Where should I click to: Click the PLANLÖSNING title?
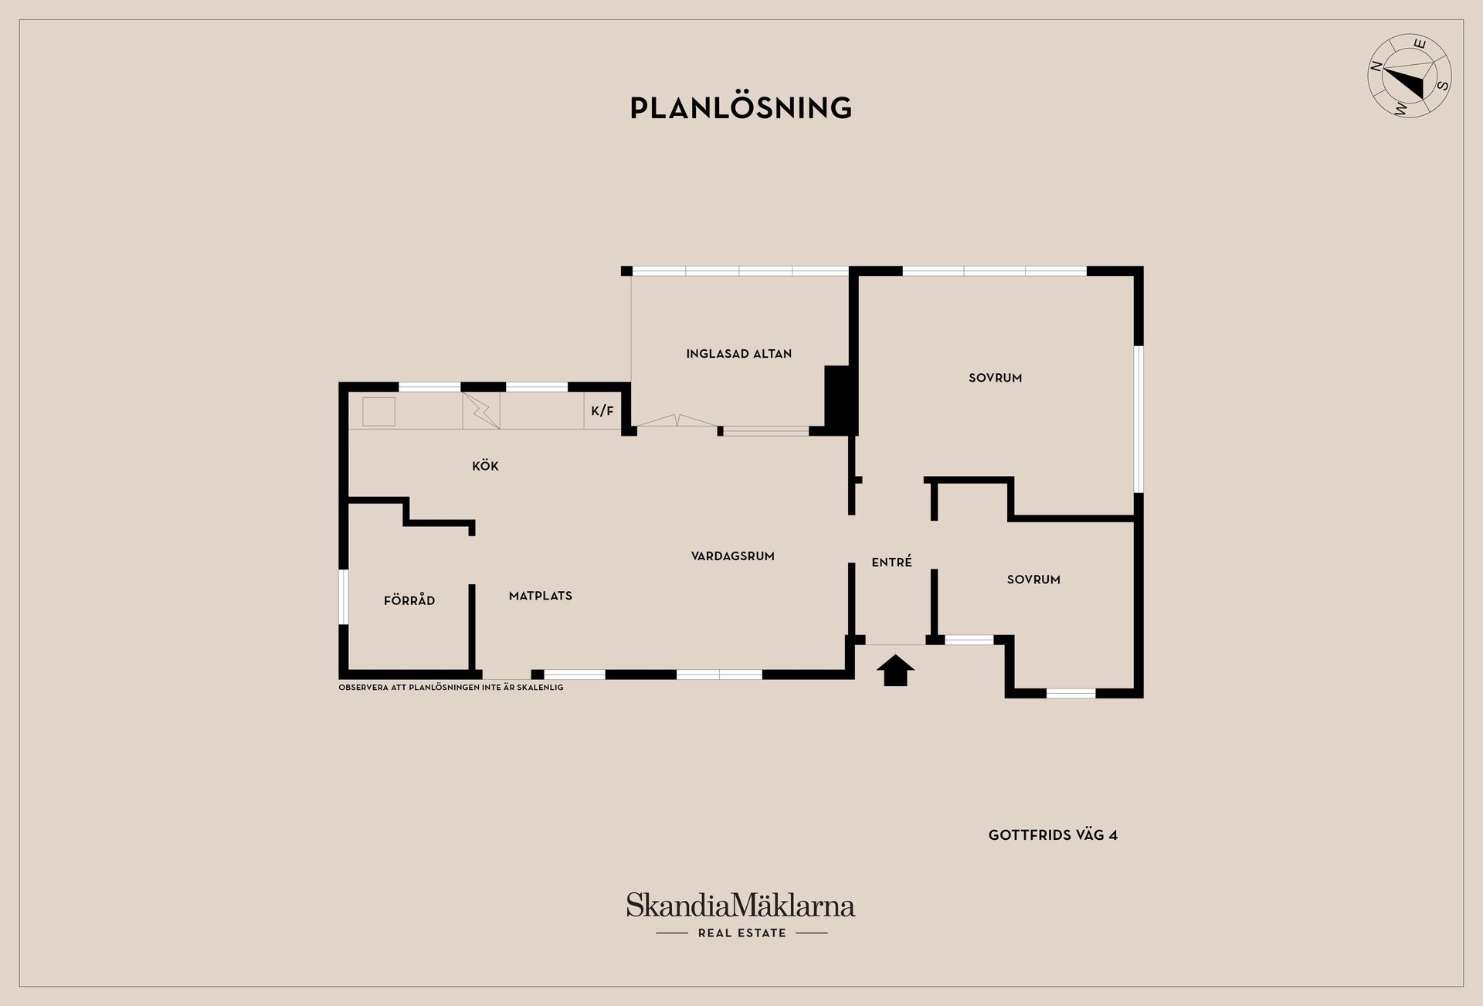click(741, 107)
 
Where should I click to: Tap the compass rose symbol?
click(1410, 87)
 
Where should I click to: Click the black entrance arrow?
click(895, 670)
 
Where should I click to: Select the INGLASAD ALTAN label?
click(739, 354)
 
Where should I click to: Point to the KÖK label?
click(485, 466)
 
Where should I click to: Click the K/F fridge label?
click(602, 411)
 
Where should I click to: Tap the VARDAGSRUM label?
click(732, 556)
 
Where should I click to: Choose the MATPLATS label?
click(541, 596)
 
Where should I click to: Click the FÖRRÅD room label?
click(409, 600)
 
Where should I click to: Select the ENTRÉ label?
click(892, 562)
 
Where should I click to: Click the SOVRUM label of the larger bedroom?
click(996, 378)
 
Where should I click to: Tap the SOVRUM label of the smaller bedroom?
click(1033, 579)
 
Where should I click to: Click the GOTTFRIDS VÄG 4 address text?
click(1053, 835)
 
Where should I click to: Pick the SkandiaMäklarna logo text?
click(741, 905)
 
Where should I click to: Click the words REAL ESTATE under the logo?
click(742, 933)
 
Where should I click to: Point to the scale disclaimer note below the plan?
click(451, 688)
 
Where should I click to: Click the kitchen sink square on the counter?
click(378, 411)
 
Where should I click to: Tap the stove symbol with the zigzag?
click(481, 411)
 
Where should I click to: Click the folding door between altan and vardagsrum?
click(677, 421)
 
